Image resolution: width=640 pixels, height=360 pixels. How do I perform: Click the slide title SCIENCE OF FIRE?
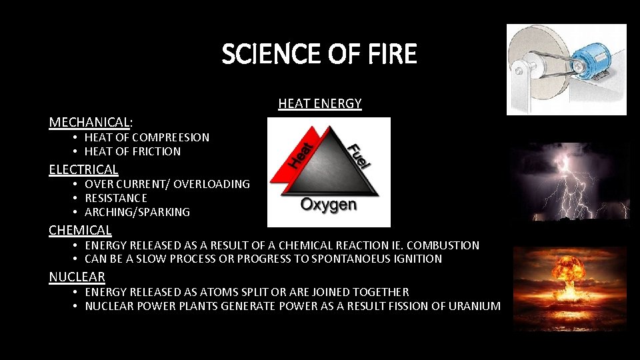click(x=319, y=54)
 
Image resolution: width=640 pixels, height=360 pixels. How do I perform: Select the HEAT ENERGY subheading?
click(x=319, y=103)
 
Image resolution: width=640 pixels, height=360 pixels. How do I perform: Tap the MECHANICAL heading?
click(x=89, y=122)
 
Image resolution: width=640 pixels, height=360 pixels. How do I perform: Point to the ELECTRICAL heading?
click(x=83, y=169)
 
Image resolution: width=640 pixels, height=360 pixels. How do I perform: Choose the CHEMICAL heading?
click(x=80, y=230)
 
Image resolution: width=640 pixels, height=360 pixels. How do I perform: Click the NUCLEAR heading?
click(x=77, y=277)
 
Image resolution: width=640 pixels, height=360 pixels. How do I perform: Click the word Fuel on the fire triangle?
click(x=359, y=155)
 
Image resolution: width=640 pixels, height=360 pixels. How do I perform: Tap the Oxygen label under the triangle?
click(x=328, y=204)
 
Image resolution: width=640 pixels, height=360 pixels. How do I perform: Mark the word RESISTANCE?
click(x=116, y=198)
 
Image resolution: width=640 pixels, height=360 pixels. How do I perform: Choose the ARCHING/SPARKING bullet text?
click(x=137, y=212)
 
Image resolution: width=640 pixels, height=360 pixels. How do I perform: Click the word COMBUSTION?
click(x=447, y=245)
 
